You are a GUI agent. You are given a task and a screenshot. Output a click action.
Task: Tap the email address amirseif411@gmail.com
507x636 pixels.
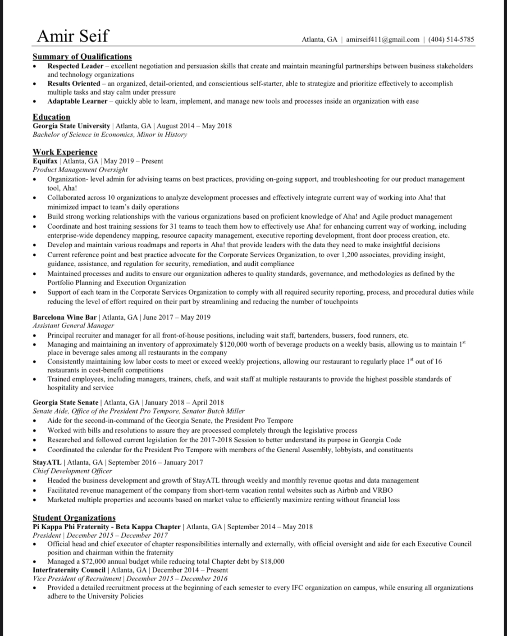(383, 40)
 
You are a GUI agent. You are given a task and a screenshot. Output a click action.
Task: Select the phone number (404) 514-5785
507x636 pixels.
(451, 40)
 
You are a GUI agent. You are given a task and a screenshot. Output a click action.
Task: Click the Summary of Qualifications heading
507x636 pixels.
(82, 57)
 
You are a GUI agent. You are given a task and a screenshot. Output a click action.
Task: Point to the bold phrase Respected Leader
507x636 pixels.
(75, 66)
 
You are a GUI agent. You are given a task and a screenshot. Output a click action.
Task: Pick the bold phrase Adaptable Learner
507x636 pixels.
(77, 101)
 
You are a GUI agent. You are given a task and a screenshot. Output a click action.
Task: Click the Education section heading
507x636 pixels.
(51, 117)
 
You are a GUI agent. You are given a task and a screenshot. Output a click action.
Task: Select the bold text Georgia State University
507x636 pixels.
(71, 126)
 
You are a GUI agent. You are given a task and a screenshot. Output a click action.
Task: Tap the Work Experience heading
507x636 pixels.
(65, 152)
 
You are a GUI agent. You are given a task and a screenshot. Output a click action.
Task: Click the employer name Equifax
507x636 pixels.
(45, 161)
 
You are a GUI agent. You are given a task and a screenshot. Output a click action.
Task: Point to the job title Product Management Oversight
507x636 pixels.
(80, 170)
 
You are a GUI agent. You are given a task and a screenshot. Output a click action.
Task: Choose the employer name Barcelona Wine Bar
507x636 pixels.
(64, 317)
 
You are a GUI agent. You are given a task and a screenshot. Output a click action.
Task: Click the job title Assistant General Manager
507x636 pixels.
(73, 326)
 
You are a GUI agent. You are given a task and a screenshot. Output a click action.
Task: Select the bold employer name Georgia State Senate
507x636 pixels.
(65, 403)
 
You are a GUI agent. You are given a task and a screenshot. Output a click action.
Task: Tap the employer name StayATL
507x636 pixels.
(47, 462)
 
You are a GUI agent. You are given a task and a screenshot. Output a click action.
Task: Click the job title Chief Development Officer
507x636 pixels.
(72, 471)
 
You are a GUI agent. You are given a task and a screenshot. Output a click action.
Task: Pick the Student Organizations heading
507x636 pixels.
(74, 518)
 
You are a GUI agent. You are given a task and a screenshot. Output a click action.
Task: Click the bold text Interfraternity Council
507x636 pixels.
(69, 570)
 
